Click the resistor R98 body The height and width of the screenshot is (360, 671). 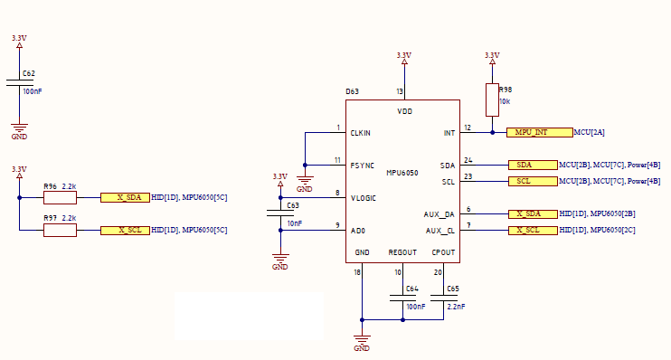coord(492,99)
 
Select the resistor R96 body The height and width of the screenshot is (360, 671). coord(60,198)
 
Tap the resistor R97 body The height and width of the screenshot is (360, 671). coord(60,231)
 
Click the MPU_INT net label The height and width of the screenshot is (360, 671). coord(540,132)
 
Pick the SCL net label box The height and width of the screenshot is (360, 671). coord(533,182)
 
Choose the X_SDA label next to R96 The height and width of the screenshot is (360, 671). coord(125,197)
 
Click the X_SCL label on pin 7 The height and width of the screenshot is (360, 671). coord(533,231)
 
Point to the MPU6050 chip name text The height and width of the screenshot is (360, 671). coord(402,173)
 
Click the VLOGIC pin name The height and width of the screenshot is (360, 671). coord(364,198)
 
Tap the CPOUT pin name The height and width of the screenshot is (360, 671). coord(443,252)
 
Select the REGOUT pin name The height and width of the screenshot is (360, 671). coord(402,252)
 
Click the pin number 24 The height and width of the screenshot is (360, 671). coord(468,160)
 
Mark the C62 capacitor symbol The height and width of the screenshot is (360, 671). coord(19,82)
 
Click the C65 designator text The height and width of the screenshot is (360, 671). coord(453,289)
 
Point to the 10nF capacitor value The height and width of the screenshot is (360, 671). coord(295,223)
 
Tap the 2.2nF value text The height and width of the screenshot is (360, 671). coord(456,307)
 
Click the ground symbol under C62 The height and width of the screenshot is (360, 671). coord(19,128)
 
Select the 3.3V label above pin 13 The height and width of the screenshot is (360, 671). coord(404,55)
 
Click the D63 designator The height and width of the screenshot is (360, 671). coord(352,91)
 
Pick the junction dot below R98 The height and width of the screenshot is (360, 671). coord(492,133)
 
